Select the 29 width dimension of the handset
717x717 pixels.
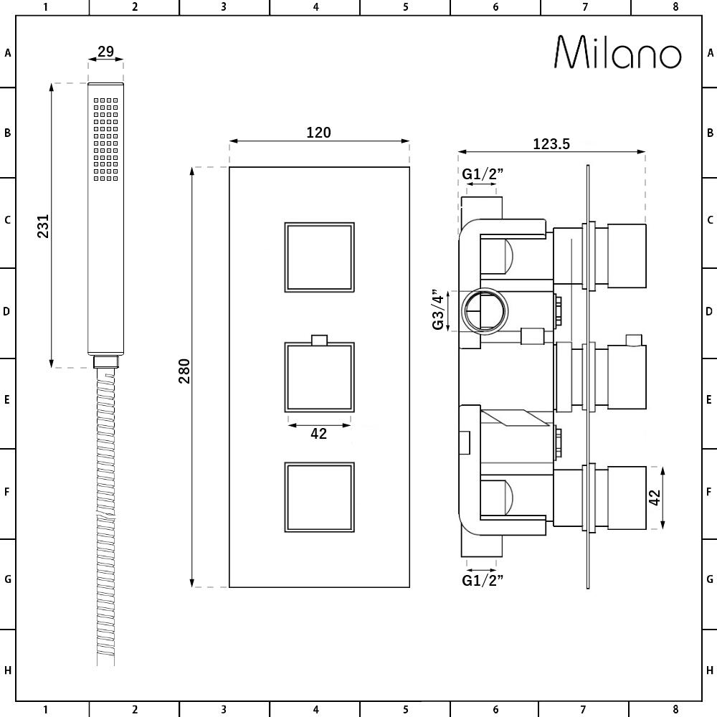(105, 51)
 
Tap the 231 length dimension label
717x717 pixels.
(43, 226)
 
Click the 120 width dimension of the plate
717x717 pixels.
(319, 133)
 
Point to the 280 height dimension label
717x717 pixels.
(184, 371)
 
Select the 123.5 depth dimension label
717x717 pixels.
(551, 144)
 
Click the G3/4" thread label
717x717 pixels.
(438, 310)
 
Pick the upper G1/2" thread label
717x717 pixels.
(483, 174)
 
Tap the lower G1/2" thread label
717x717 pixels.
(483, 580)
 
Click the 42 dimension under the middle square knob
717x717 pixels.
(319, 434)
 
